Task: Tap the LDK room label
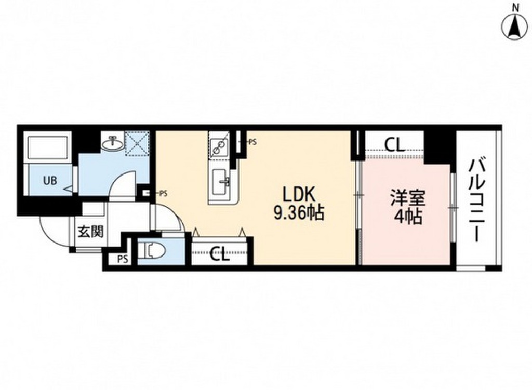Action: (x=299, y=195)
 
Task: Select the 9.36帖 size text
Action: (x=299, y=212)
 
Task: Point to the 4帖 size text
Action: (x=408, y=217)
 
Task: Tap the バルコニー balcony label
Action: (x=478, y=200)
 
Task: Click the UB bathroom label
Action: (x=50, y=181)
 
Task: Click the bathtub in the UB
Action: (x=48, y=149)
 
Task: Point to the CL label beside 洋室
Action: (x=395, y=144)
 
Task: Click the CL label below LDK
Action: (x=220, y=255)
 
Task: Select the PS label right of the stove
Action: (x=252, y=141)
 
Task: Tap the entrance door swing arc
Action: (x=52, y=228)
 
